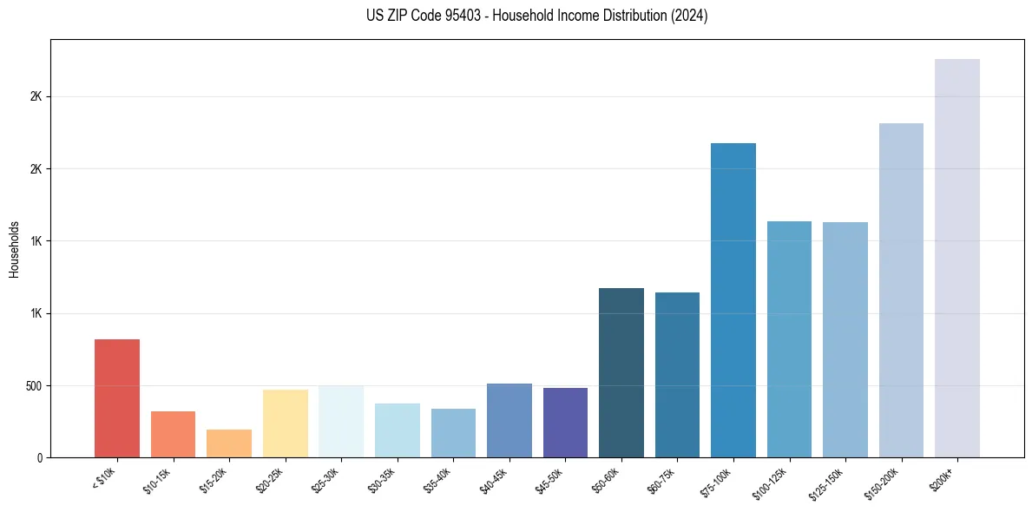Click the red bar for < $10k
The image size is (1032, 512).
click(117, 397)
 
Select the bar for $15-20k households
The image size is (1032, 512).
click(229, 443)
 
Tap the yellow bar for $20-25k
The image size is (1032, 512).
click(286, 423)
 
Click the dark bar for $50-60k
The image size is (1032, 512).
click(621, 372)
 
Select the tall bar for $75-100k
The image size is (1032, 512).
click(733, 299)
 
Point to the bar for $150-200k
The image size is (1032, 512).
click(901, 290)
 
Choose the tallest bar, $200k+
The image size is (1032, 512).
click(957, 258)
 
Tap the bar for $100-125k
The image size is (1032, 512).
click(789, 338)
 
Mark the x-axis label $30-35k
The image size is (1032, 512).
click(383, 480)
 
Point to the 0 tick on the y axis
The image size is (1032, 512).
click(39, 457)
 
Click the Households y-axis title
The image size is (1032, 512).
click(14, 248)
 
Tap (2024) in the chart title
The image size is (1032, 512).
click(690, 16)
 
